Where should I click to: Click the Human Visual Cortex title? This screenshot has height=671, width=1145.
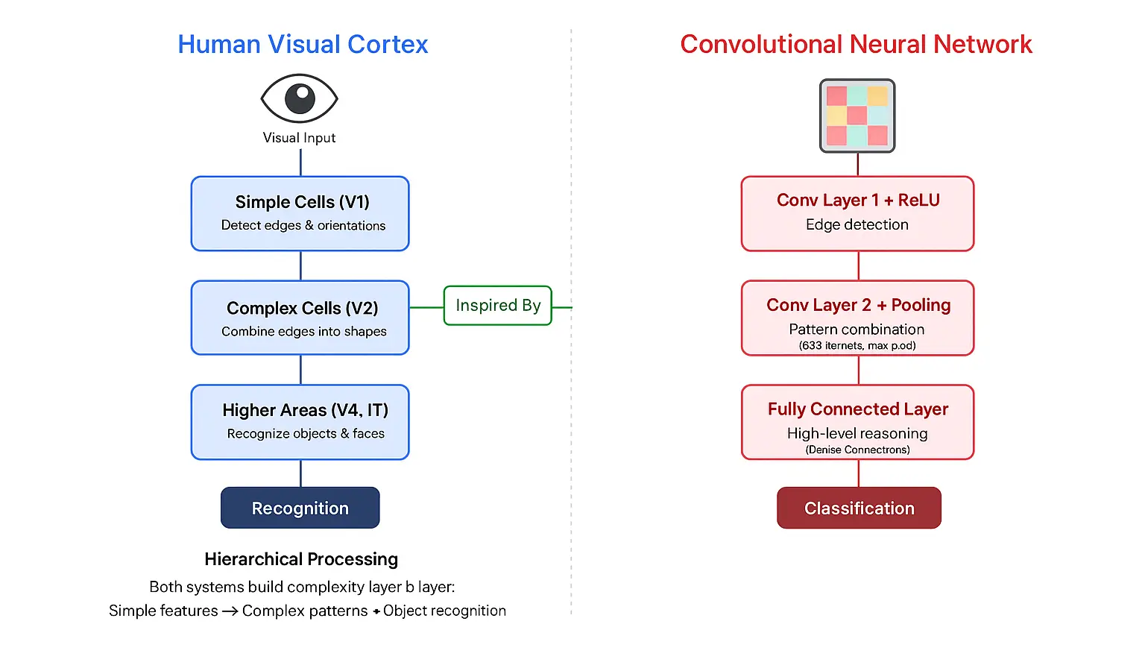[x=303, y=45]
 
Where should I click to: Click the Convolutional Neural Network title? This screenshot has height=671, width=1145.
[x=856, y=45]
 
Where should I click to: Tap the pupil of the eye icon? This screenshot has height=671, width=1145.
[x=300, y=98]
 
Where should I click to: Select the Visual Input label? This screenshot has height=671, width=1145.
[x=299, y=138]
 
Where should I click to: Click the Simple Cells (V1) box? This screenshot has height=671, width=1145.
[x=300, y=213]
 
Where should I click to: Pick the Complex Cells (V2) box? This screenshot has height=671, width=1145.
[x=300, y=318]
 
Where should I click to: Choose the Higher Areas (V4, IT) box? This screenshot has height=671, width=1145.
[x=300, y=422]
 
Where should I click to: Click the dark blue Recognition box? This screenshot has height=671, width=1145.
[x=300, y=508]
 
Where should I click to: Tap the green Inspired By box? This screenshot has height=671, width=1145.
[x=498, y=306]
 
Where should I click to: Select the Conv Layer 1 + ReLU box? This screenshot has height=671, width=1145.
[x=857, y=213]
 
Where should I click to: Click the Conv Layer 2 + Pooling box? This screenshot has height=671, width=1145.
[x=857, y=318]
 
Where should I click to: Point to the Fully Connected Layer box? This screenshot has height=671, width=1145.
[x=857, y=422]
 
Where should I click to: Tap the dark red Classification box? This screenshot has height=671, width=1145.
[x=859, y=508]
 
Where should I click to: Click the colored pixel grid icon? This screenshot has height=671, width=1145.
[x=857, y=116]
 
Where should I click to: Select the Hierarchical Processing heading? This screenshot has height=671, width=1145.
[x=301, y=559]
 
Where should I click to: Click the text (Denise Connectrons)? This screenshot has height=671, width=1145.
[x=857, y=450]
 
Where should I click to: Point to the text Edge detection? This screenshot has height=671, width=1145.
[x=857, y=224]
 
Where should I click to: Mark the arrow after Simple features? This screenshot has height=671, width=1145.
[x=230, y=611]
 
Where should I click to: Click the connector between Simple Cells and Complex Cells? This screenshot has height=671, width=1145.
[x=300, y=265]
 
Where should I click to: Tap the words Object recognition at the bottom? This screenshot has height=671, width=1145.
[x=444, y=611]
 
